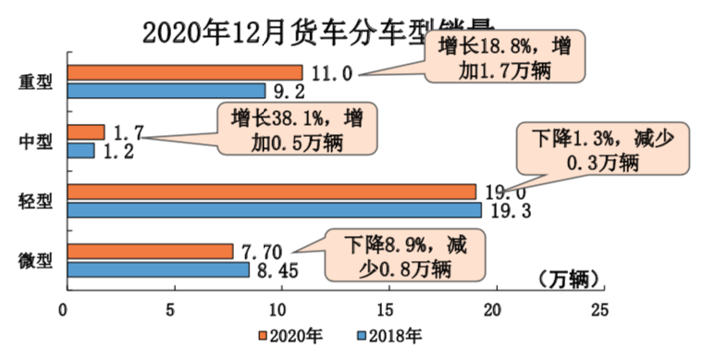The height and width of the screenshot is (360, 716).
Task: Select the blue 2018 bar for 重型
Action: pyautogui.click(x=167, y=91)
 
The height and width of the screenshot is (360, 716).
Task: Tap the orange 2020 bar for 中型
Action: pyautogui.click(x=85, y=132)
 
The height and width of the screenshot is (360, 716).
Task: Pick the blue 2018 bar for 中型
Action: pyautogui.click(x=80, y=150)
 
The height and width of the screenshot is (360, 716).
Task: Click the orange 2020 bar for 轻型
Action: pyautogui.click(x=271, y=192)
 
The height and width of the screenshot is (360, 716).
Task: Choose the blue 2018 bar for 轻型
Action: pyautogui.click(x=274, y=210)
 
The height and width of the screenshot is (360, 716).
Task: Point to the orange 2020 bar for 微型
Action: pyautogui.click(x=149, y=252)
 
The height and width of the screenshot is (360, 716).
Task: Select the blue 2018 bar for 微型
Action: pyautogui.click(x=157, y=269)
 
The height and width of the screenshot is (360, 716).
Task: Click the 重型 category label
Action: pyautogui.click(x=36, y=81)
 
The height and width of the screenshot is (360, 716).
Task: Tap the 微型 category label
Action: pyautogui.click(x=36, y=261)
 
